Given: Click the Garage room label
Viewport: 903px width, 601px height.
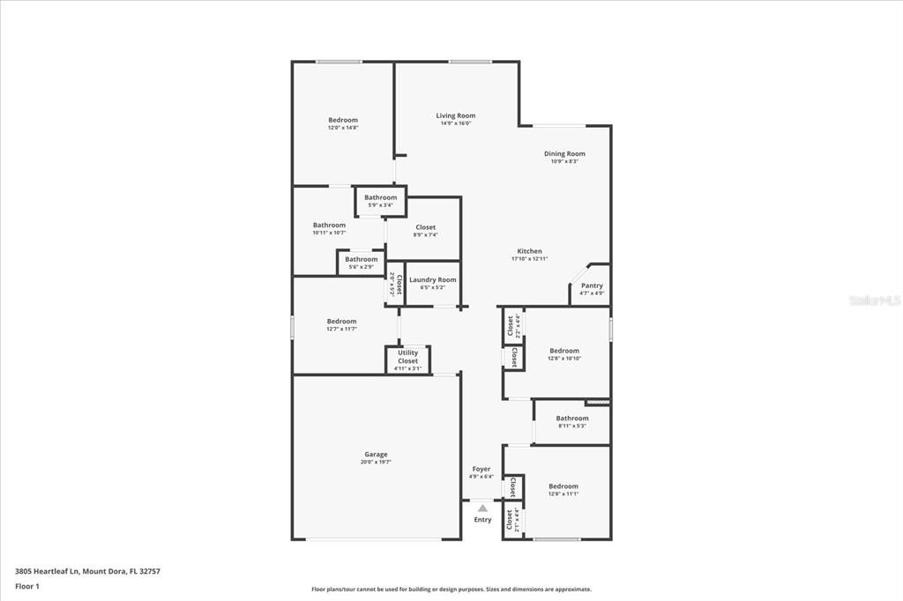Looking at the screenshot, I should click(376, 455).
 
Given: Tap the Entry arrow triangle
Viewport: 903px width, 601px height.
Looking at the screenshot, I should click(482, 508).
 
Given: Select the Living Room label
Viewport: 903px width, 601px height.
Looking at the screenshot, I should click(456, 115).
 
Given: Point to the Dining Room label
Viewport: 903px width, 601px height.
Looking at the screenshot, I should click(564, 153).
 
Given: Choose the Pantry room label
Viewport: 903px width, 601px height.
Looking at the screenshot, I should click(592, 286).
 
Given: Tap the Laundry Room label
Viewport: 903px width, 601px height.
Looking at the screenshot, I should click(433, 279).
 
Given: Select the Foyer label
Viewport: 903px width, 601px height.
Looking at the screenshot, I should click(481, 469).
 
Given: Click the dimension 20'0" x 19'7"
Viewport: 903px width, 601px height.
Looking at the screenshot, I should click(376, 462).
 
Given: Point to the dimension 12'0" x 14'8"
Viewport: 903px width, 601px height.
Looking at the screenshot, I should click(343, 128).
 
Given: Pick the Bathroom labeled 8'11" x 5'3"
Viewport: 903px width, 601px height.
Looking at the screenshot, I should click(572, 419).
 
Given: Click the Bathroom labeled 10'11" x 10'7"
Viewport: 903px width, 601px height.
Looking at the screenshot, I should click(329, 226).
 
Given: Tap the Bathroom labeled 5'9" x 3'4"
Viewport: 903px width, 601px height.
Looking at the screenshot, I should click(381, 197).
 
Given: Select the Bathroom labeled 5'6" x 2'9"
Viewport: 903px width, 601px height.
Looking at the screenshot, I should click(362, 259).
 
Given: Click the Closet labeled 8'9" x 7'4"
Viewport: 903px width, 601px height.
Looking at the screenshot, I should click(425, 227).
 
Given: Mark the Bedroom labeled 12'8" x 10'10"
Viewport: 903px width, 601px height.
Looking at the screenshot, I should click(564, 351).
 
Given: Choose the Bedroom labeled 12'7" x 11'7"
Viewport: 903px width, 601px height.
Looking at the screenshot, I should click(341, 322).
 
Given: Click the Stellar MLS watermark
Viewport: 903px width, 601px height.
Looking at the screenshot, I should click(874, 300).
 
